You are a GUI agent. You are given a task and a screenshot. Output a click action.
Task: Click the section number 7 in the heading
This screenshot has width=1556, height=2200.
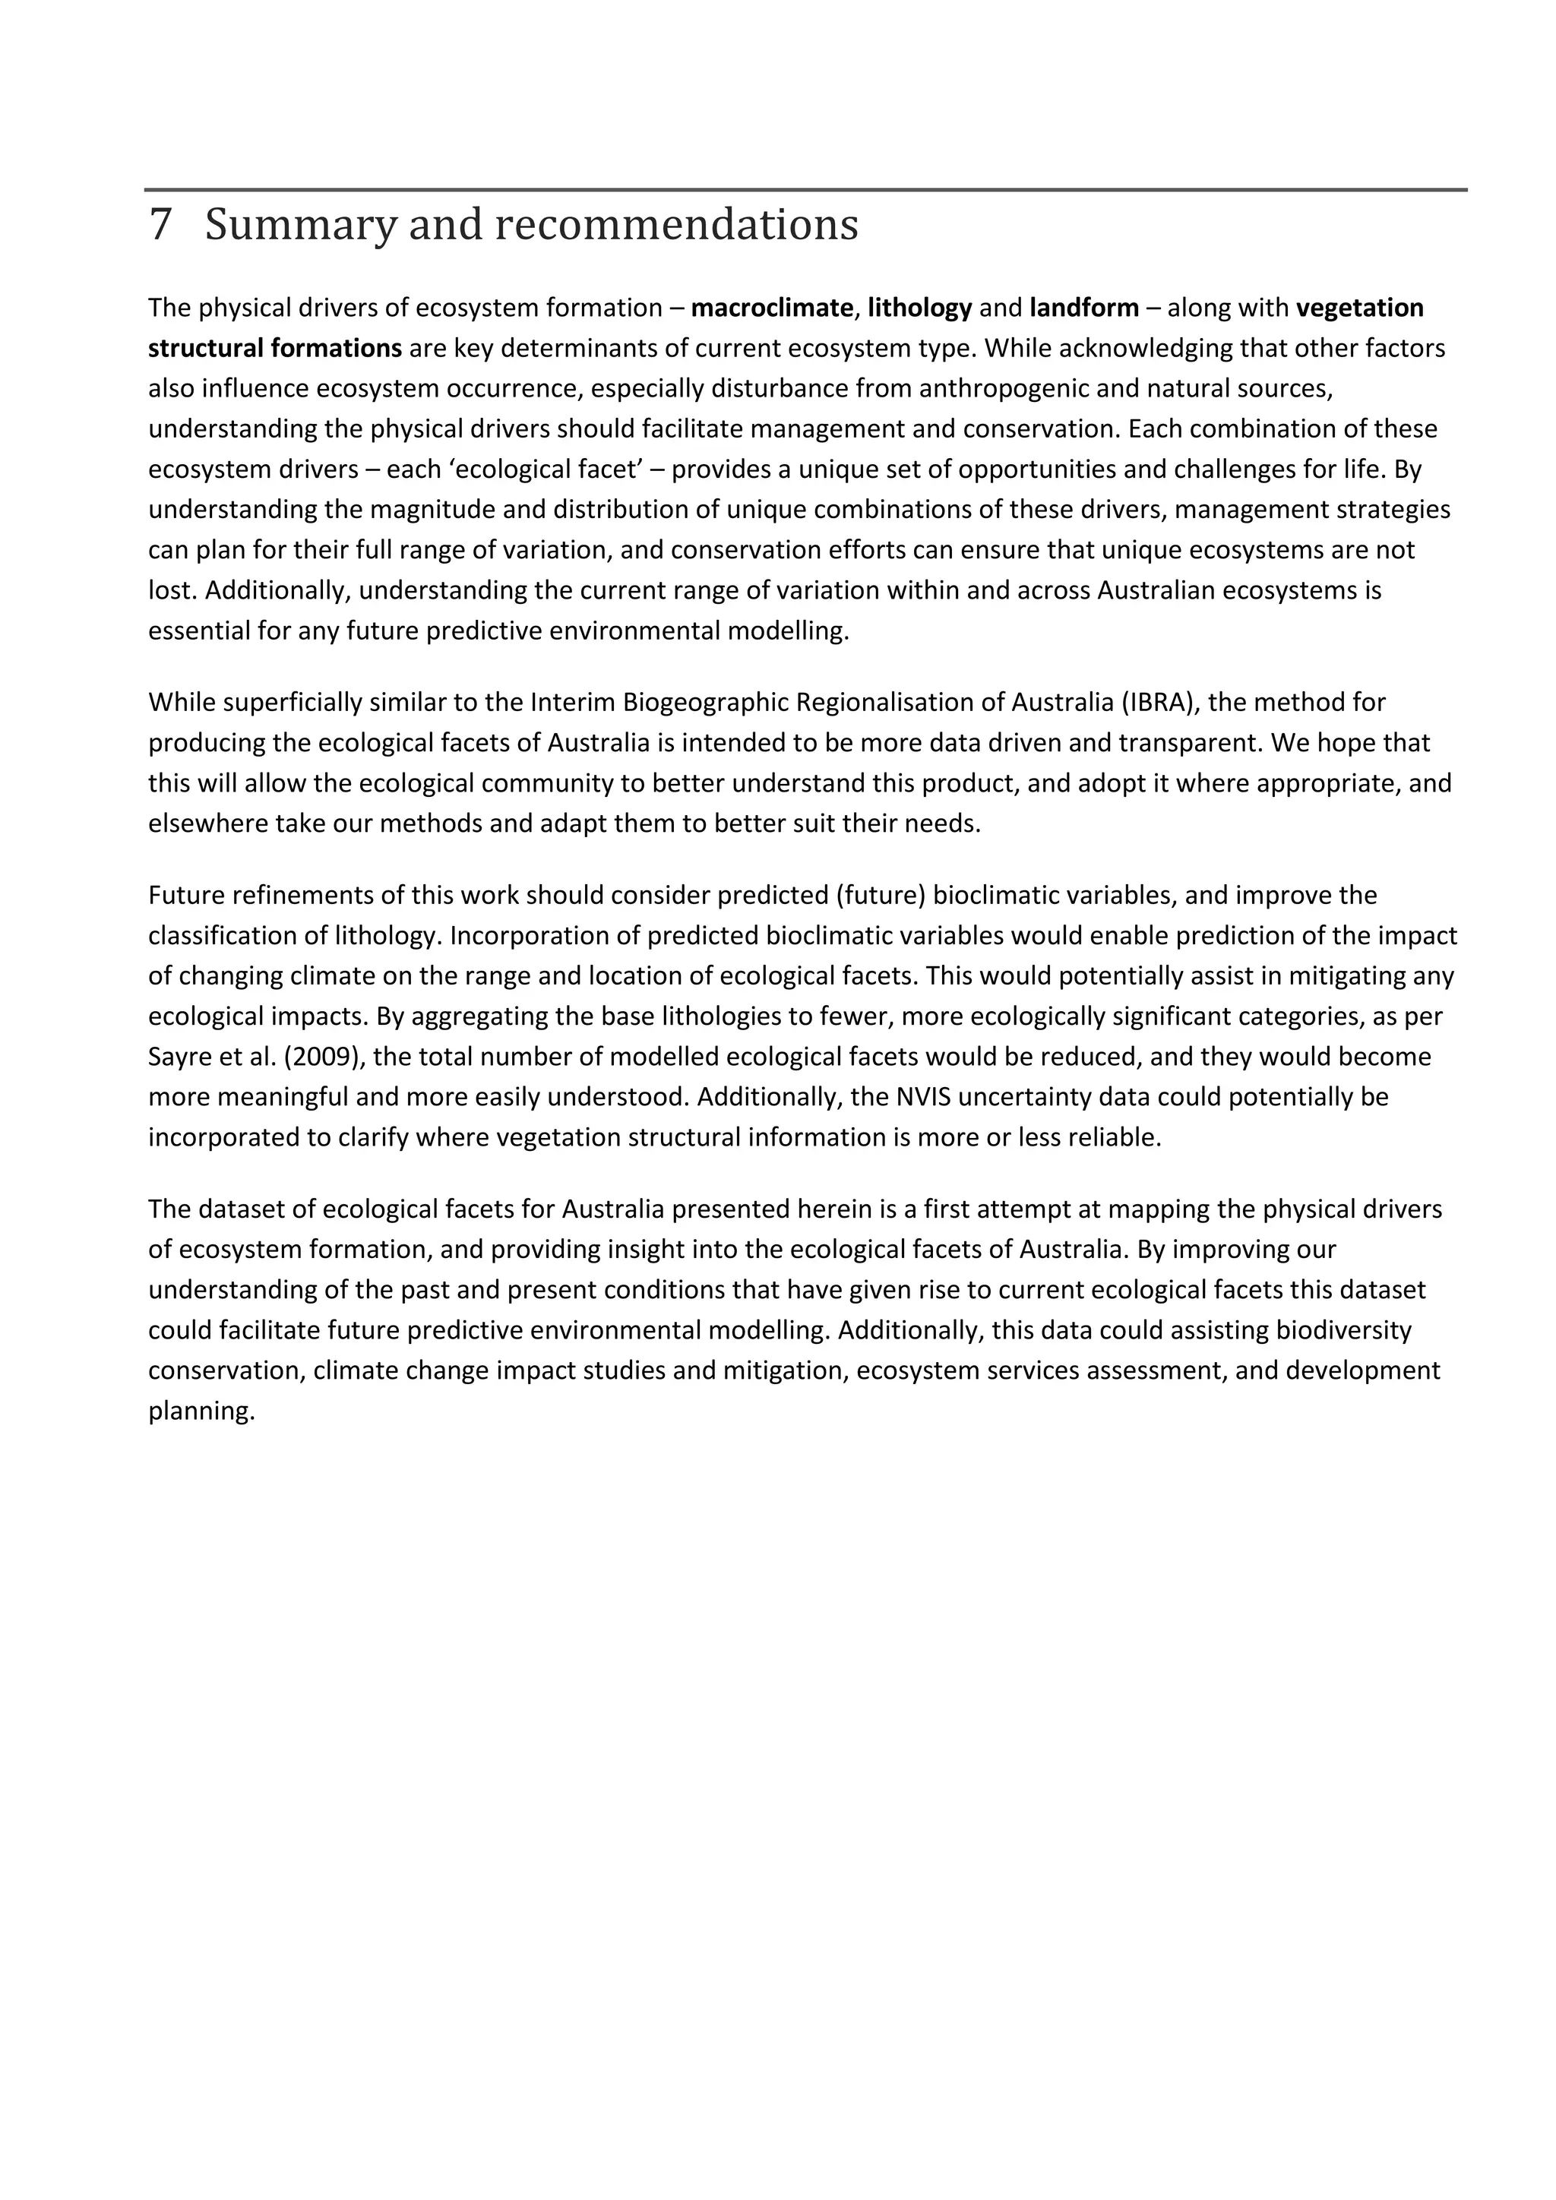click(160, 225)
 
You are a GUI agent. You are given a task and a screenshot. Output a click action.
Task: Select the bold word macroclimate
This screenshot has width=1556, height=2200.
click(771, 308)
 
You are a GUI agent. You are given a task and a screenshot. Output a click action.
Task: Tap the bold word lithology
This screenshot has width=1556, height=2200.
click(920, 308)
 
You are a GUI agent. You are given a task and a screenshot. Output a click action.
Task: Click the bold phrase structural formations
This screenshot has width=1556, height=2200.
click(275, 348)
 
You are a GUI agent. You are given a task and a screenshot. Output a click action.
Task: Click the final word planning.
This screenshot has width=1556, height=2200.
click(201, 1411)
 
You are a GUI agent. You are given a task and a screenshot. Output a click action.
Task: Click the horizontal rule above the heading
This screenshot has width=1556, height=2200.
click(805, 190)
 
